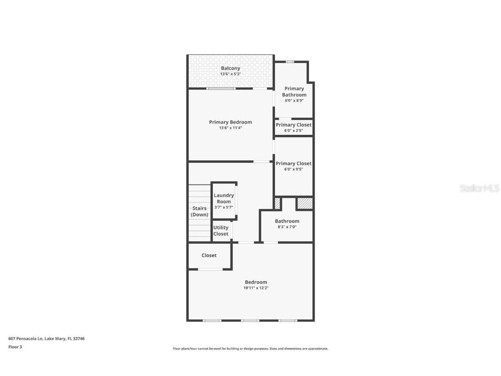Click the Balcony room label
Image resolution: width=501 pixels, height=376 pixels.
[230, 68]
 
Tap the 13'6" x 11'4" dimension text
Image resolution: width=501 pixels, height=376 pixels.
[230, 128]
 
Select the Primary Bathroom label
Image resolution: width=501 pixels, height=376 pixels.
[294, 91]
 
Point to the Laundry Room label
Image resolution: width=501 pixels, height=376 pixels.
[224, 198]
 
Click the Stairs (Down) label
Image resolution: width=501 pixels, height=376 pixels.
[200, 211]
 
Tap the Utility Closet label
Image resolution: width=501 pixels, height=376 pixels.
[221, 231]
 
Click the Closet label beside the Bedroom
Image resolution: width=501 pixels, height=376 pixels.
[209, 255]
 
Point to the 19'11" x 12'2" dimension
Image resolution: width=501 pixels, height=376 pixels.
[256, 288]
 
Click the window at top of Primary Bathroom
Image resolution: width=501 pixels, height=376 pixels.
[290, 62]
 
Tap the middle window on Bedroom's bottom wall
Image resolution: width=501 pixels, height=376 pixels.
[250, 321]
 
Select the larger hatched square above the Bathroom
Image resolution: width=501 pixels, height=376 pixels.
[304, 203]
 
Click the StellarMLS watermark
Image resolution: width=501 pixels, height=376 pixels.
[479, 188]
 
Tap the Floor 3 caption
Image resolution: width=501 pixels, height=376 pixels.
[15, 347]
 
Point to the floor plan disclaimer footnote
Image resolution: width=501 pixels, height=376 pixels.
[250, 349]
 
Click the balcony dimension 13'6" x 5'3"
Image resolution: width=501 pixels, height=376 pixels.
[230, 74]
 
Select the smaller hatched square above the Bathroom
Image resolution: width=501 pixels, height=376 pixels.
[277, 203]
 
